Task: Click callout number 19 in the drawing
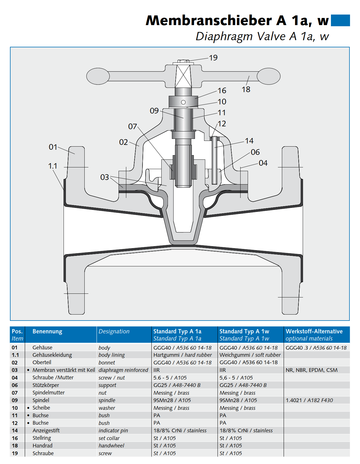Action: coord(213,58)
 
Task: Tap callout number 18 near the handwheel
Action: coord(246,90)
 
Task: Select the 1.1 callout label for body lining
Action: coord(52,166)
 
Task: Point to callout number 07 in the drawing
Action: coord(133,126)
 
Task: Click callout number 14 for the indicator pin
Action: coord(249,141)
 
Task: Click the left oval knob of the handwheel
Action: coord(98,76)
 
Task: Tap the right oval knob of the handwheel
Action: coord(269,76)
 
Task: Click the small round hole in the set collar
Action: coord(183,102)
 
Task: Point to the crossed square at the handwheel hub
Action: coord(183,76)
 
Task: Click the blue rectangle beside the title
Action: coord(340,21)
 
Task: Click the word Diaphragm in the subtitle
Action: coord(224,37)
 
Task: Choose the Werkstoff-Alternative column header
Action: coord(314,331)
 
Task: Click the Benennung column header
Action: coord(47,331)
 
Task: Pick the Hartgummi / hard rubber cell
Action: coord(182,355)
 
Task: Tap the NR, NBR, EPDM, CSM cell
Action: coord(311,370)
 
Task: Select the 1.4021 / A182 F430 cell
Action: coord(309,400)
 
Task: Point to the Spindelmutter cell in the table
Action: coord(48,393)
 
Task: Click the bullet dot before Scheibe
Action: coord(28,408)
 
